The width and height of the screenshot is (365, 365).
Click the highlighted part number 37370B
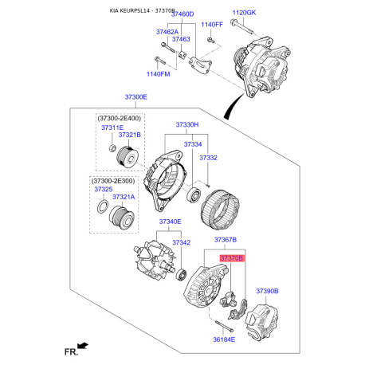pyautogui.click(x=233, y=259)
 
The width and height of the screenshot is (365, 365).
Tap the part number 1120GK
pyautogui.click(x=245, y=14)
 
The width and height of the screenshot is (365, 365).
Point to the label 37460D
pyautogui.click(x=179, y=14)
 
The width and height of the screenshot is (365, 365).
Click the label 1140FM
pyautogui.click(x=158, y=74)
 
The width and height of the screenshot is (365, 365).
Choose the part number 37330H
pyautogui.click(x=186, y=125)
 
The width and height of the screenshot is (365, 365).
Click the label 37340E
pyautogui.click(x=169, y=222)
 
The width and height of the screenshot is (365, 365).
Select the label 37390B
pyautogui.click(x=267, y=292)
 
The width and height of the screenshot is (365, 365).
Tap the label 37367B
pyautogui.click(x=226, y=240)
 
